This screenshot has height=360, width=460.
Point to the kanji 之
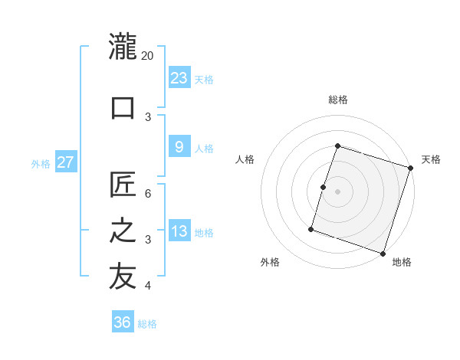pyautogui.click(x=123, y=231)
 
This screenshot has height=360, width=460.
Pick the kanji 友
pyautogui.click(x=123, y=277)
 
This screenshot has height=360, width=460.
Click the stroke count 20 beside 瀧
pyautogui.click(x=148, y=56)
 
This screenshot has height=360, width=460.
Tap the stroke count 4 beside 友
pyautogui.click(x=148, y=286)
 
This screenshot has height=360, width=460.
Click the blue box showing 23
pyautogui.click(x=179, y=78)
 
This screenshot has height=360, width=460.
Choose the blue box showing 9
pyautogui.click(x=179, y=147)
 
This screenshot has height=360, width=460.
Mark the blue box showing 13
pyautogui.click(x=179, y=231)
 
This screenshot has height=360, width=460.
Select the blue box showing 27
pyautogui.click(x=66, y=162)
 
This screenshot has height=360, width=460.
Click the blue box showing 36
pyautogui.click(x=123, y=322)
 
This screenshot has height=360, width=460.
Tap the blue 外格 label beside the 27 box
pyautogui.click(x=41, y=163)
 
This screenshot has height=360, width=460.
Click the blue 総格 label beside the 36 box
pyautogui.click(x=147, y=324)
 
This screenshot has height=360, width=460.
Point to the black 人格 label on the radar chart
pyautogui.click(x=245, y=159)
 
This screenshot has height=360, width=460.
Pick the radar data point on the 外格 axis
pyautogui.click(x=311, y=228)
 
